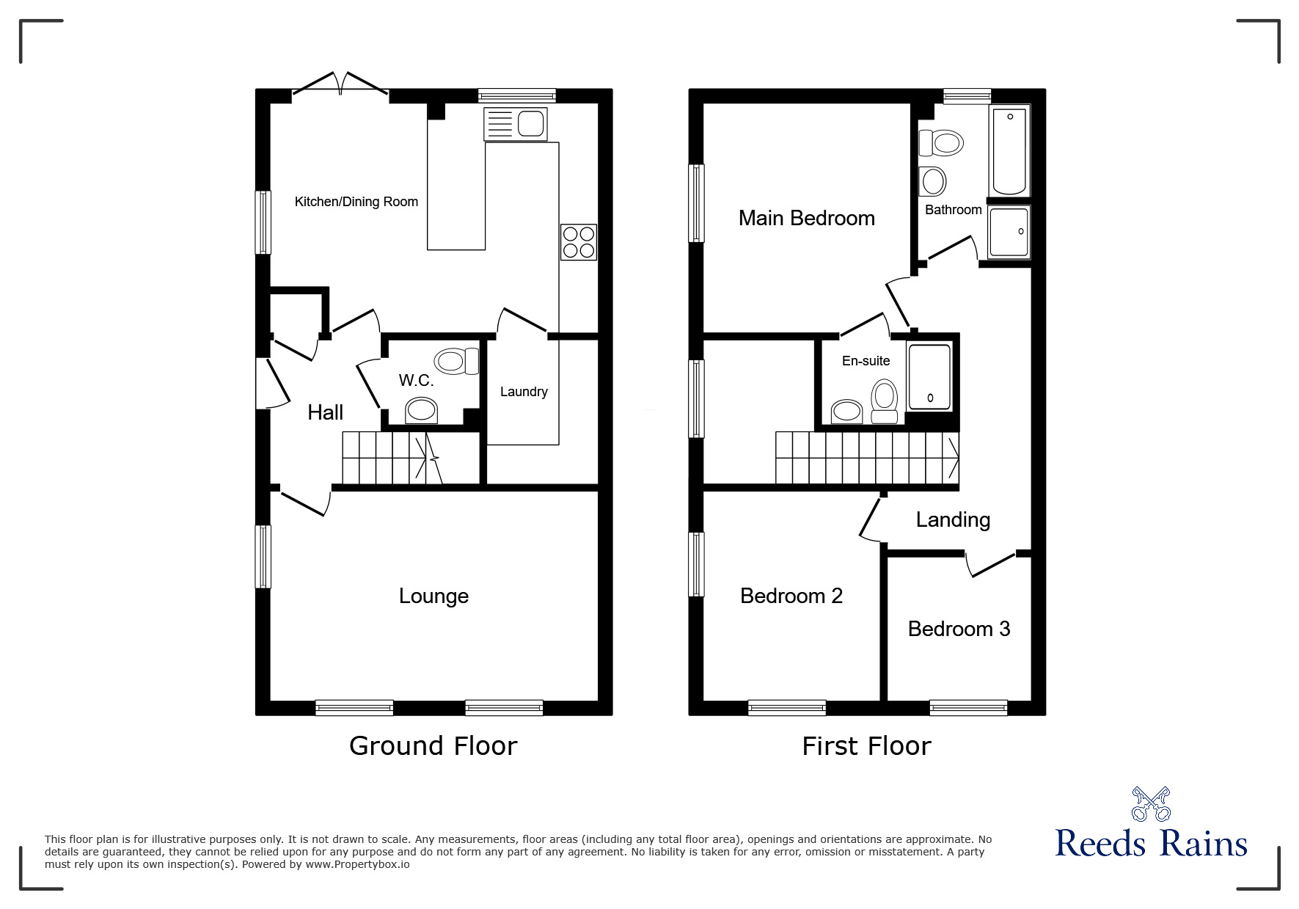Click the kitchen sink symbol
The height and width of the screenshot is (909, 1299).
[516, 123]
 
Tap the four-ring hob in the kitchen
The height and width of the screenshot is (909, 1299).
[578, 242]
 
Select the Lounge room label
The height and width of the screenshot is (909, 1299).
[433, 596]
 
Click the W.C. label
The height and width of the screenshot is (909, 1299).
[416, 380]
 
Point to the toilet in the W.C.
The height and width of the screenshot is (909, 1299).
[455, 361]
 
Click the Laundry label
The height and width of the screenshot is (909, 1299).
[524, 392]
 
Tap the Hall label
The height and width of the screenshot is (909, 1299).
[325, 412]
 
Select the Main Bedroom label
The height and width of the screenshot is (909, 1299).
[806, 218]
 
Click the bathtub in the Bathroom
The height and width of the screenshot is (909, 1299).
[1009, 150]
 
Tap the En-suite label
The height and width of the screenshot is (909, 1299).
[866, 361]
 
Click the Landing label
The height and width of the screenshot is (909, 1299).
[953, 519]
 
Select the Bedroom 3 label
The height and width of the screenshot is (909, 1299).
[959, 629]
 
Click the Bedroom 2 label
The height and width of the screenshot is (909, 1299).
[791, 596]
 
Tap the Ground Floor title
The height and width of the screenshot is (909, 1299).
[433, 745]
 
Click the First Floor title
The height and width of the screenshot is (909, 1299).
[866, 746]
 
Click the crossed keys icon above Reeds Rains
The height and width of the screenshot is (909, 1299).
[1150, 804]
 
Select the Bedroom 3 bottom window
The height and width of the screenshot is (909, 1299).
[968, 708]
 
